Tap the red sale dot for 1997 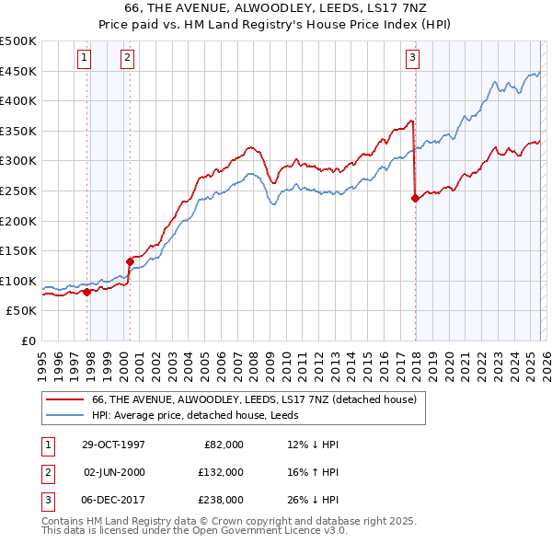[87, 292]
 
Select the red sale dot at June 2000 [130, 261]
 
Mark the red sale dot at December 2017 [415, 197]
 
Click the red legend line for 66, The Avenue [64, 399]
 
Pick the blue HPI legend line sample [64, 414]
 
